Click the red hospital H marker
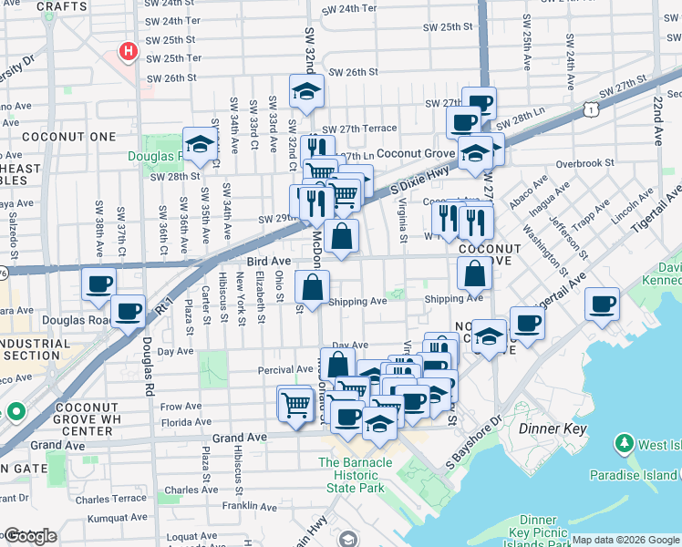point(128,52)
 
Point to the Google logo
point(30,536)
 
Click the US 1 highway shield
point(593,108)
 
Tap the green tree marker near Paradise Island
point(625,445)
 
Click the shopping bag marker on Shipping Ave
point(312,287)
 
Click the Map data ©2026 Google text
point(625,540)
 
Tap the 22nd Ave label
point(657,123)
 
